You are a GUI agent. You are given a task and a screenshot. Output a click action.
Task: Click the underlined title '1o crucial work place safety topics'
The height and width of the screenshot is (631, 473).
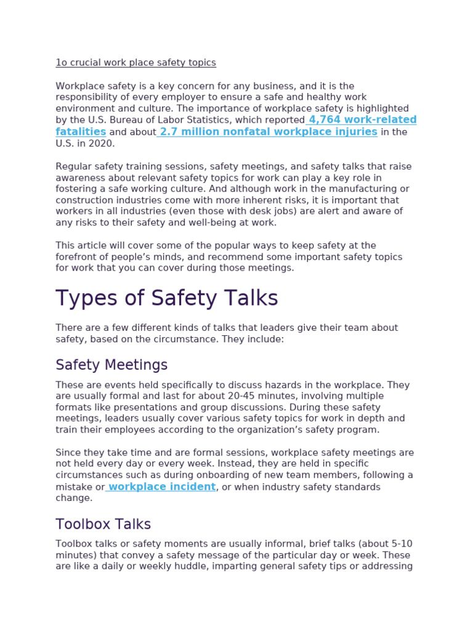coord(135,63)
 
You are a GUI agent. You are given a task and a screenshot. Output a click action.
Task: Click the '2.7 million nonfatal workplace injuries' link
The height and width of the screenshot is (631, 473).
coord(268,132)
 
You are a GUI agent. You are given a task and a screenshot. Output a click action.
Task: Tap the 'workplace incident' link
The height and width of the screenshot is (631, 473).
coord(162,487)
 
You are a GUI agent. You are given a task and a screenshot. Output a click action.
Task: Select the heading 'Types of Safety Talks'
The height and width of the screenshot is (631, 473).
coord(167,298)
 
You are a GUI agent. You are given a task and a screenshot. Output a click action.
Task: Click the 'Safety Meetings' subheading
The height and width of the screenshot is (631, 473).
coord(111,365)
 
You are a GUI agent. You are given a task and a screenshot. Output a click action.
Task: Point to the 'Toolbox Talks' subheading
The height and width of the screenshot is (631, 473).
coord(103,524)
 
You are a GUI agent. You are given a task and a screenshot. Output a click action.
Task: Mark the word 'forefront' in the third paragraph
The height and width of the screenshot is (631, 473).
coord(76,257)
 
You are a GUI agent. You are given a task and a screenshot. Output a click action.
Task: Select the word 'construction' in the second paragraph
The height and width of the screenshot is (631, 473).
coord(84,200)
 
